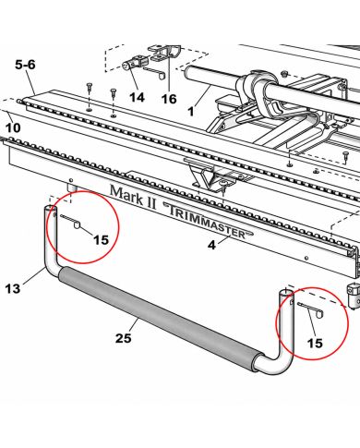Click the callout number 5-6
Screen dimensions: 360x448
26,65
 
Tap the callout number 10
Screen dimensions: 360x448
12,127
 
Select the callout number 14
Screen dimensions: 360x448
137,98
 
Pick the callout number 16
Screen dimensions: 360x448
169,99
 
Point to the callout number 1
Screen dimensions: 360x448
191,111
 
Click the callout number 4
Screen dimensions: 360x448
211,245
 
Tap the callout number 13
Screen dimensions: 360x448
13,289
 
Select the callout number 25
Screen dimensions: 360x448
124,338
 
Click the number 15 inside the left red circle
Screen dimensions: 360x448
101,240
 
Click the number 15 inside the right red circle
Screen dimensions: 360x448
315,343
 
